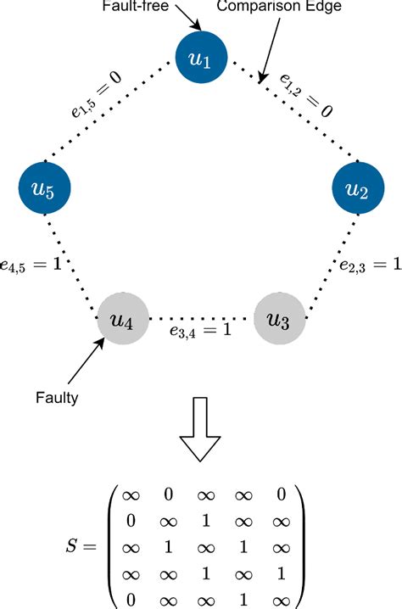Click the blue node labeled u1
click(x=201, y=60)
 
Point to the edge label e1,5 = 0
click(x=96, y=95)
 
